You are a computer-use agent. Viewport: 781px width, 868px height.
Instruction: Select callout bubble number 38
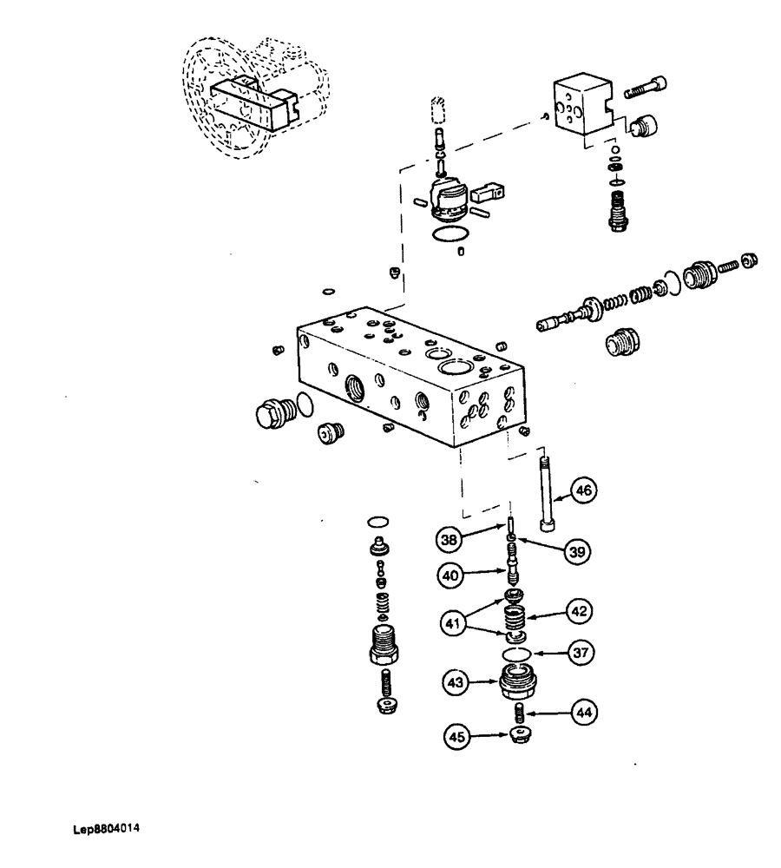pyautogui.click(x=449, y=540)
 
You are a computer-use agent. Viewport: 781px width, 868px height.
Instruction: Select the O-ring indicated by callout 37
pyautogui.click(x=517, y=651)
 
